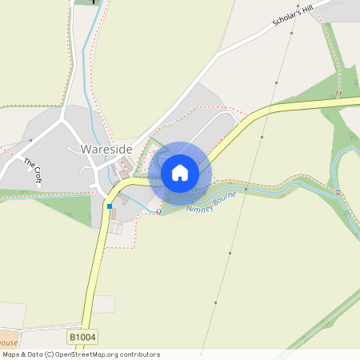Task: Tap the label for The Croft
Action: tap(32, 171)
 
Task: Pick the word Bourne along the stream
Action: tap(225, 197)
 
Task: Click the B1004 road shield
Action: tap(81, 338)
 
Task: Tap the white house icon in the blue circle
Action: tap(180, 173)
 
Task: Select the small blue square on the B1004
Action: tap(109, 206)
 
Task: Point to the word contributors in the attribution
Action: tap(139, 354)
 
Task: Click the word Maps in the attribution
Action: tap(11, 354)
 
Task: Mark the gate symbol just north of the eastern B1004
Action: tap(338, 94)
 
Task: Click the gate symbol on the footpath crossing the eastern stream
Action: tap(338, 193)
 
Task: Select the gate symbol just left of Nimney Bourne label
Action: tap(159, 212)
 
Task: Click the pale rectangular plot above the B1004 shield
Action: tap(102, 304)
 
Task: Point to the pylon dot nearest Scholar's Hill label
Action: tap(292, 34)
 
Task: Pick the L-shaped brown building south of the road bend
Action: tap(111, 214)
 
